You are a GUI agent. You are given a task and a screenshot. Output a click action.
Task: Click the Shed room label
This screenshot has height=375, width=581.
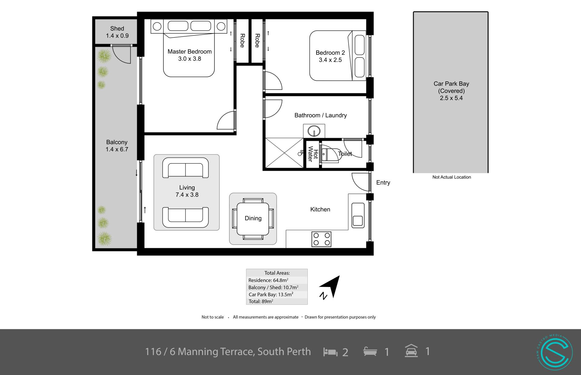point(117,28)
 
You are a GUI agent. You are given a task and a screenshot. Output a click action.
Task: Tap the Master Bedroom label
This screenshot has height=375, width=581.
point(189,51)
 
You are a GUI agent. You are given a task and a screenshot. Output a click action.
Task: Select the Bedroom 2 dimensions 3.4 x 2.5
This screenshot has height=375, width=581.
point(330,60)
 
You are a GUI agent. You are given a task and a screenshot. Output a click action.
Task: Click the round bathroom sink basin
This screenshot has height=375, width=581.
point(314,131)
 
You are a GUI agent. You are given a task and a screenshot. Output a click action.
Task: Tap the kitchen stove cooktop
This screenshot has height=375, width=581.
point(321,239)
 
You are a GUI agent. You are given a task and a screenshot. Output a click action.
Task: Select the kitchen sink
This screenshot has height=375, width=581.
point(358,215)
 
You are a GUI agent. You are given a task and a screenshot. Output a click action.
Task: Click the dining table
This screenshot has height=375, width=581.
point(253,219)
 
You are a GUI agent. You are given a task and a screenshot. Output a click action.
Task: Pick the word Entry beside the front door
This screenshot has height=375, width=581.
point(383,183)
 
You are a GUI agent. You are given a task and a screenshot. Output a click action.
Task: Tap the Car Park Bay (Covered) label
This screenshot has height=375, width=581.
point(451,87)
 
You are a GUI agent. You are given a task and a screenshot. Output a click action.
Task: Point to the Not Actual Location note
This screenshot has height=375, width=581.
point(451,177)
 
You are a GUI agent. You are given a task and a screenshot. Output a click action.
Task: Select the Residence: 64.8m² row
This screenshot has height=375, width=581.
point(268,280)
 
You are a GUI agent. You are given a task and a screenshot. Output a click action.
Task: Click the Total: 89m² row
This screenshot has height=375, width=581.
point(261,301)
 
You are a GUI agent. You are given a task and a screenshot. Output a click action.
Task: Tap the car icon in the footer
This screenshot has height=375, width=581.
point(411,351)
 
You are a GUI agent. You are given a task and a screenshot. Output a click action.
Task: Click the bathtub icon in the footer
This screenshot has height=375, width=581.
point(370,352)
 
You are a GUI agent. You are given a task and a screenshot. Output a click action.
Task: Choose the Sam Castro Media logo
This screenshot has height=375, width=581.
point(555,352)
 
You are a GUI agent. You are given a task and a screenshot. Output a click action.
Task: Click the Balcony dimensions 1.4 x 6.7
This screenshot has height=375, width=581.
point(117,149)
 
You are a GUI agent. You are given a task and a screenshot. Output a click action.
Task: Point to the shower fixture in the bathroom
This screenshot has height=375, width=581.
point(301,153)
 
